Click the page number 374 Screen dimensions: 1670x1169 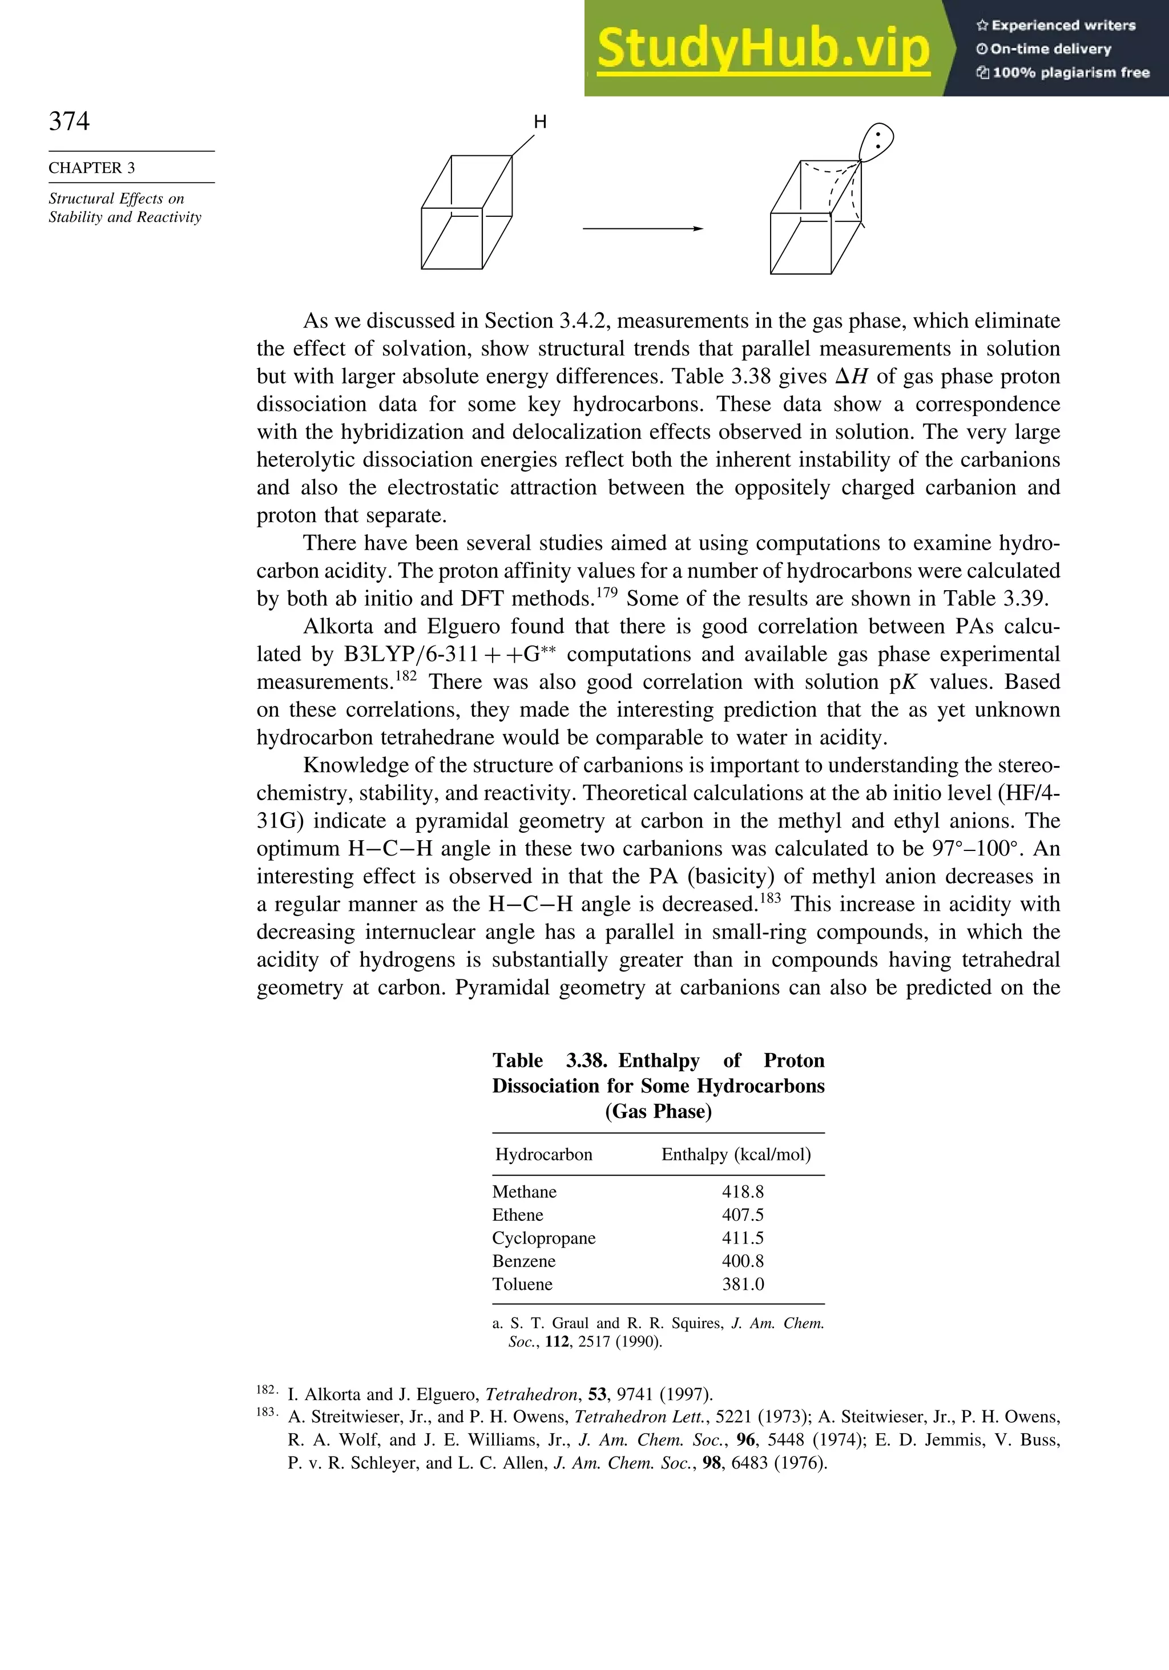tap(69, 121)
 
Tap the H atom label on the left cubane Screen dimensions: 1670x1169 tap(540, 122)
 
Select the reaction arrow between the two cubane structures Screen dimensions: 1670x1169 tap(642, 229)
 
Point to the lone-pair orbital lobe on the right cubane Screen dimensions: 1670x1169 tap(877, 142)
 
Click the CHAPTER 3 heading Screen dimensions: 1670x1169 tap(92, 168)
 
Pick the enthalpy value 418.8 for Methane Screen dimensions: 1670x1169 tap(743, 1191)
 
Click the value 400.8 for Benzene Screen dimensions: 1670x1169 tap(743, 1261)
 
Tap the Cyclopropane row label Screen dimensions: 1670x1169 tap(543, 1238)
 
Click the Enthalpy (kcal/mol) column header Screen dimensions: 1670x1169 tap(735, 1154)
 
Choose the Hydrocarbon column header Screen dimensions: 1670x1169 tap(543, 1154)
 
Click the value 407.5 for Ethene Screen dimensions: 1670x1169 tap(743, 1215)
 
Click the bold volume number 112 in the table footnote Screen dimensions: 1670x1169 tap(557, 1342)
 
